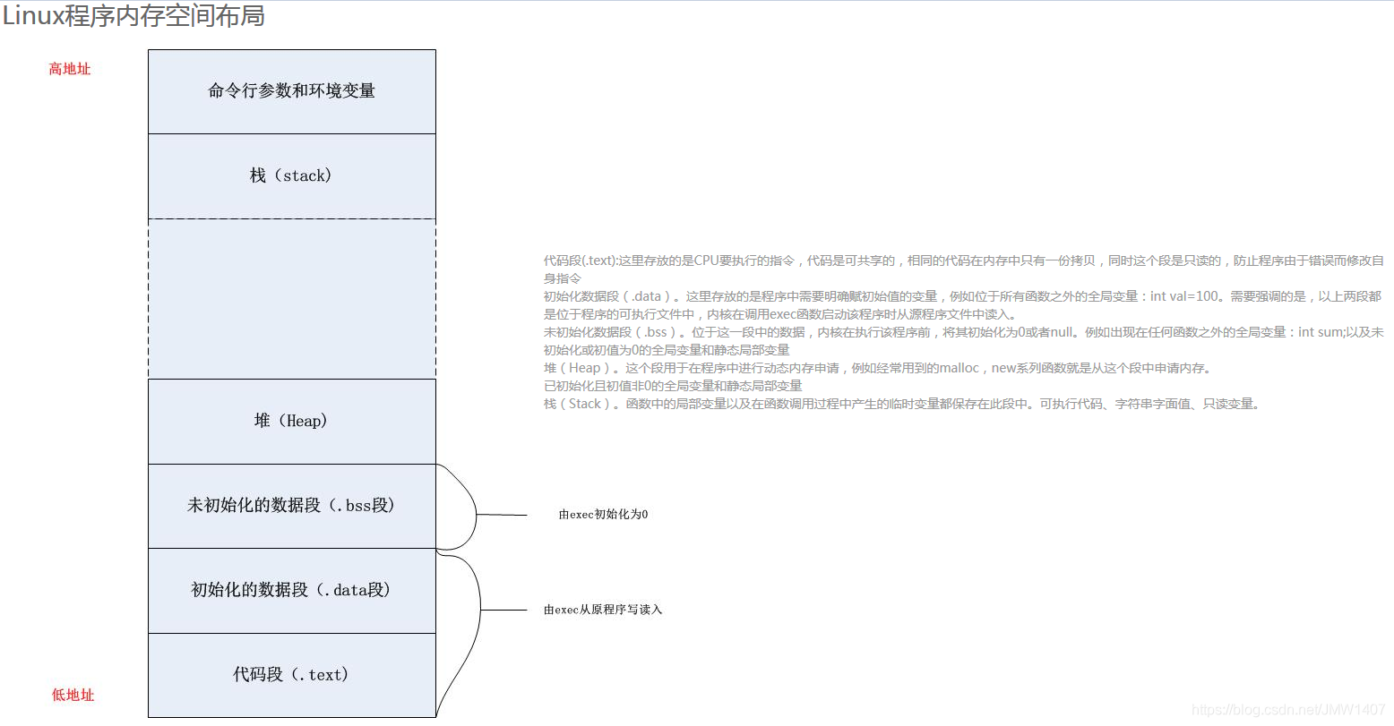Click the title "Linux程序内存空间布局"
point(133,16)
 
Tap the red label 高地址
point(70,69)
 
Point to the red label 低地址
point(73,695)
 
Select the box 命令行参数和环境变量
point(292,91)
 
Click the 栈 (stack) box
point(292,175)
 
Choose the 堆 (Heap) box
point(292,421)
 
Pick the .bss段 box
point(292,506)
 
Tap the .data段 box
point(292,590)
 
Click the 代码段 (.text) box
point(292,675)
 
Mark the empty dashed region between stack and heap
point(292,298)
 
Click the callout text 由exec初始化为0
point(603,515)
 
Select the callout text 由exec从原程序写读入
point(603,610)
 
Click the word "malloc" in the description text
point(959,368)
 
